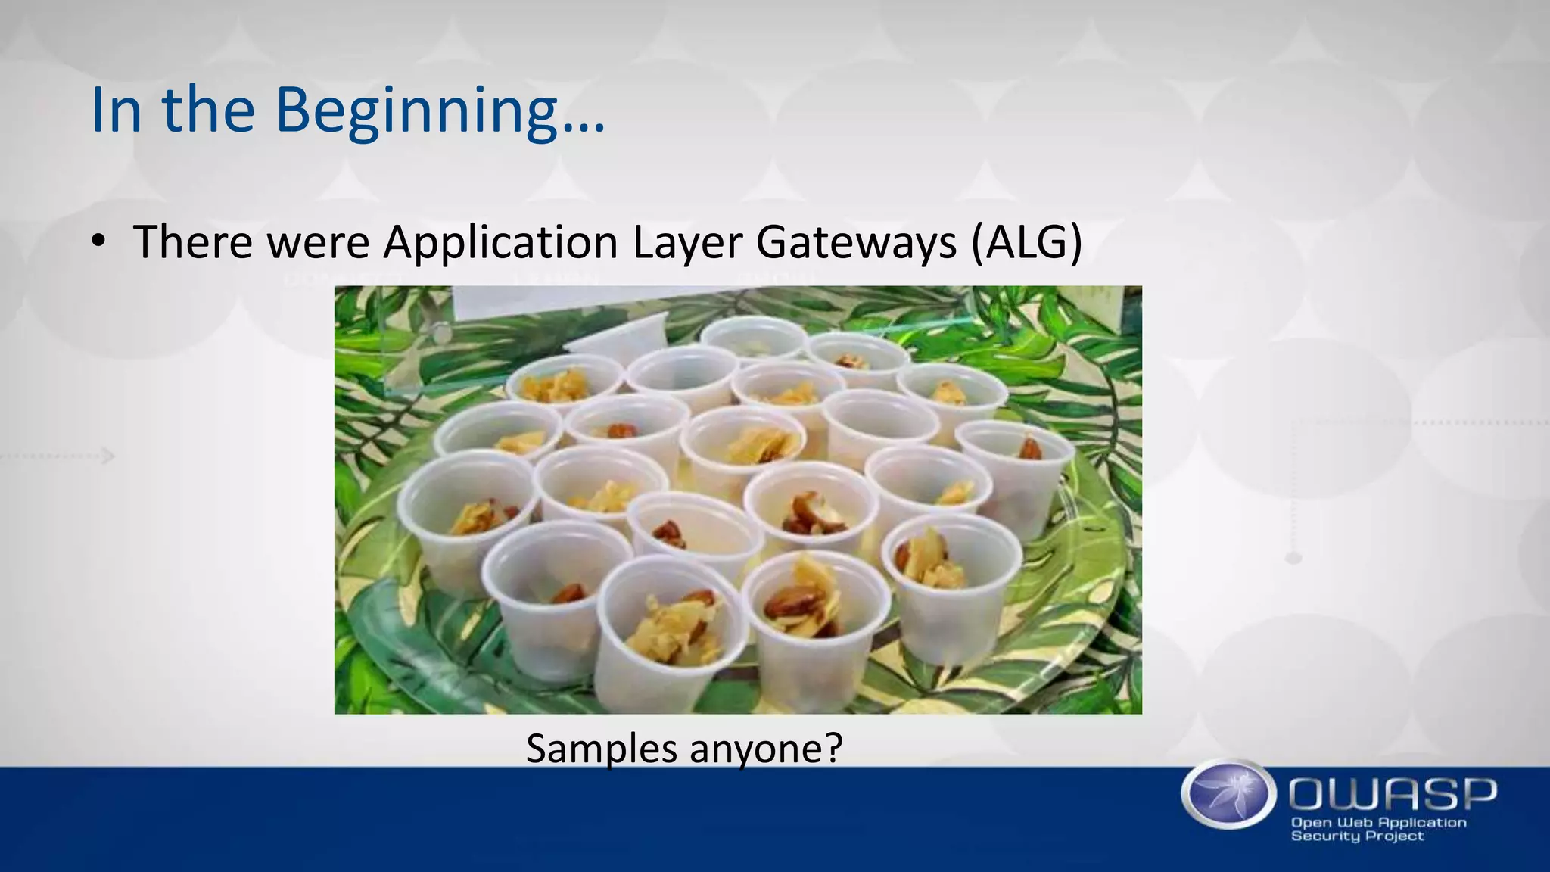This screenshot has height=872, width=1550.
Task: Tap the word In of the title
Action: [116, 111]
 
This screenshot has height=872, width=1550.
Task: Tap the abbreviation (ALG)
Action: [1027, 243]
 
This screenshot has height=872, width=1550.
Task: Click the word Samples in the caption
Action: [602, 749]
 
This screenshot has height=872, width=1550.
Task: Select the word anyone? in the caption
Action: [766, 749]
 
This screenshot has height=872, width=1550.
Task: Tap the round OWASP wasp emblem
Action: [1228, 794]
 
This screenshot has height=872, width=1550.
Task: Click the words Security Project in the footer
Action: [1356, 836]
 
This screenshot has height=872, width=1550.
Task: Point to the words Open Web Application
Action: [1378, 823]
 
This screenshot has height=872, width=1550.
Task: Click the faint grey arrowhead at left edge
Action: [108, 456]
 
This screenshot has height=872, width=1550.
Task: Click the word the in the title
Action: [208, 111]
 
